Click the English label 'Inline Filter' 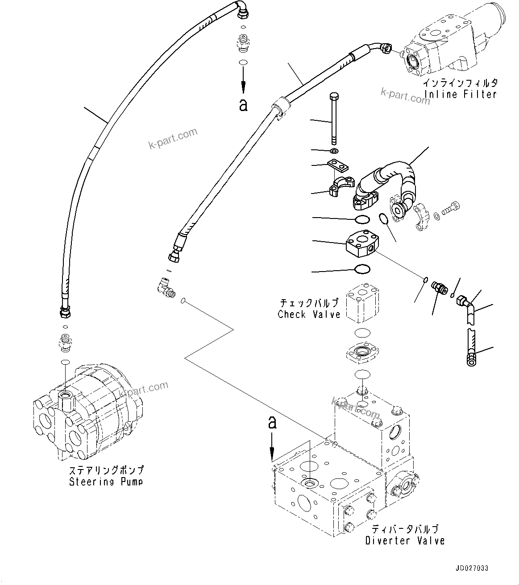coord(460,95)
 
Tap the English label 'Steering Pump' coord(106,482)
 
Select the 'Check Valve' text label coord(309,314)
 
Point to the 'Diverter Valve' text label coord(405,540)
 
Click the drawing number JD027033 coord(472,568)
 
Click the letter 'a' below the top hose coord(243,105)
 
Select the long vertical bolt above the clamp coord(333,118)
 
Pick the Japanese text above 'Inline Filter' coord(460,83)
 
